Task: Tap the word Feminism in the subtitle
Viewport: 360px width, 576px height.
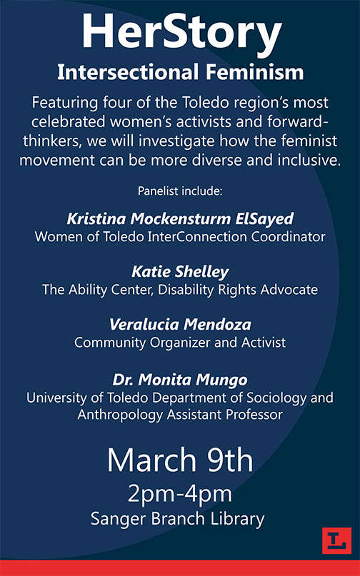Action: coord(255,72)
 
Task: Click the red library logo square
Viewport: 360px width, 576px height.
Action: coord(336,540)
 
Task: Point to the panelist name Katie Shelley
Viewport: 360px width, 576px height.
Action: coord(180,272)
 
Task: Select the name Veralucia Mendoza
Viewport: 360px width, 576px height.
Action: coord(180,324)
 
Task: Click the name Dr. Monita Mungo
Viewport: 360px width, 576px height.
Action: coord(180,380)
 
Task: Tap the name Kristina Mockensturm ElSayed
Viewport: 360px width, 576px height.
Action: coord(180,219)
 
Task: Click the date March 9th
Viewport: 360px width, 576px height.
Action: coord(180,460)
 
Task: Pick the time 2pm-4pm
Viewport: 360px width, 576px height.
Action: coord(180,495)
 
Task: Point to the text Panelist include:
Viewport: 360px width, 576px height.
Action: coord(180,191)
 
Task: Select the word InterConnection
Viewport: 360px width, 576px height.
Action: coord(197,237)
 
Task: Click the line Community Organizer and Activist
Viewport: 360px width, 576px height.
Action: coord(180,343)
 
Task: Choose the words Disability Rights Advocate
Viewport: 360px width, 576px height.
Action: coord(238,290)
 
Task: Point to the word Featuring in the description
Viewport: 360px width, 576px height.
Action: coord(65,103)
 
